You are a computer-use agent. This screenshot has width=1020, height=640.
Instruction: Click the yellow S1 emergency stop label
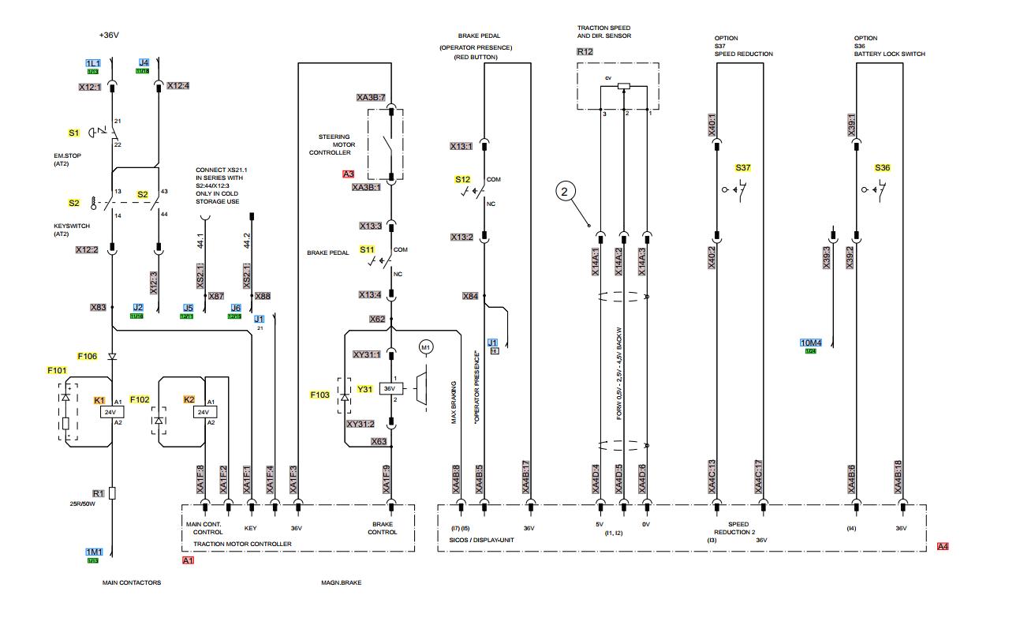point(74,133)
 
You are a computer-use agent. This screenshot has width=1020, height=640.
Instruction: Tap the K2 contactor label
point(189,400)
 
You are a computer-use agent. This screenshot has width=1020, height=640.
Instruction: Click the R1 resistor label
point(98,492)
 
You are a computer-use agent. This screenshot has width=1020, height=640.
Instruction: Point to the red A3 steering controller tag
point(348,174)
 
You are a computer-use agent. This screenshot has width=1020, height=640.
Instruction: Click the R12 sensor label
point(585,51)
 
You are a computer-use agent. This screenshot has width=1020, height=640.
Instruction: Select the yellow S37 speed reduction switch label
point(743,168)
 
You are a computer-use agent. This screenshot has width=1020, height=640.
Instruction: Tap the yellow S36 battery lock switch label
point(883,168)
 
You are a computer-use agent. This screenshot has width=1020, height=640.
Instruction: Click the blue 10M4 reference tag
point(811,342)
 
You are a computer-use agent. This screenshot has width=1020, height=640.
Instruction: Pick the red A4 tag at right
point(943,546)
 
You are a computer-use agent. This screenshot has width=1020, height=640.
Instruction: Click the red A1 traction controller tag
point(188,560)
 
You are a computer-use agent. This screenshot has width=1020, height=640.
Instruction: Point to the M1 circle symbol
point(426,346)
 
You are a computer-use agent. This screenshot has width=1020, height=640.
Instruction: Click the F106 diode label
point(87,356)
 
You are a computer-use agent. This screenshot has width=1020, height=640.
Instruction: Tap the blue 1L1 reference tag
point(92,62)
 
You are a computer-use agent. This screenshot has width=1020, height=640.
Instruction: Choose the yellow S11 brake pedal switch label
point(368,249)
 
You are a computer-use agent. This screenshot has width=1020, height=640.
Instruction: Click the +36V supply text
point(108,35)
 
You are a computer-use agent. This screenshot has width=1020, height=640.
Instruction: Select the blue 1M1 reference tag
point(93,552)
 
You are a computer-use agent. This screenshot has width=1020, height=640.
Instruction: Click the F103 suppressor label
point(320,393)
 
